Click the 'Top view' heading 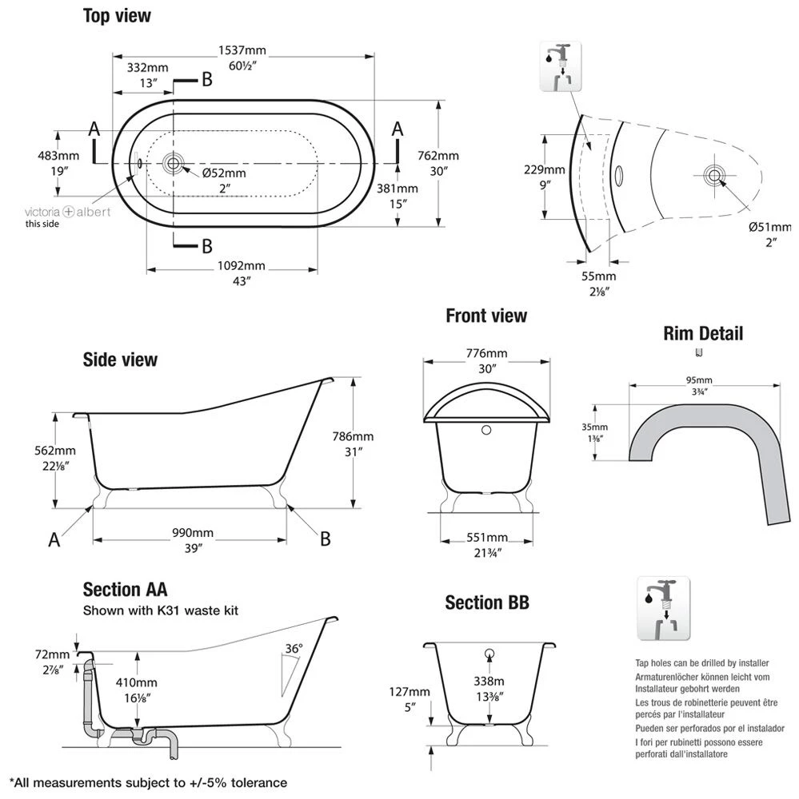point(117,16)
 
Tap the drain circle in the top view point(172,164)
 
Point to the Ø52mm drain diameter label point(224,173)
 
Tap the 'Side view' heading point(120,360)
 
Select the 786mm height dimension point(353,436)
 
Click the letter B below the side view point(326,540)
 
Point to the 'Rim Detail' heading point(703,333)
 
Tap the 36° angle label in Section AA point(294,649)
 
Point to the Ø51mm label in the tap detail point(765,227)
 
